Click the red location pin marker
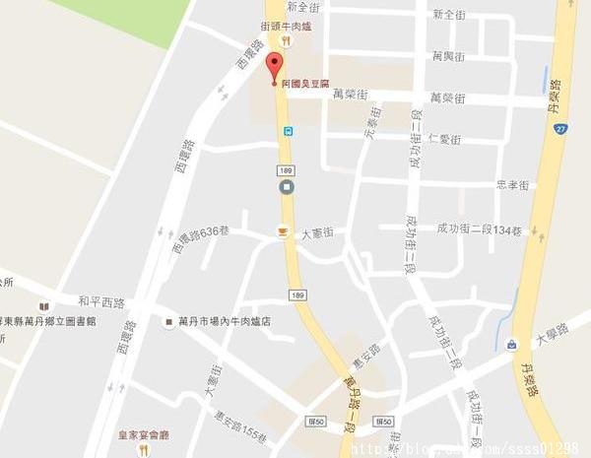(x=275, y=68)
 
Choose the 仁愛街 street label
(x=445, y=139)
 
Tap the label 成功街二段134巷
(x=485, y=230)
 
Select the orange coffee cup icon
(x=283, y=232)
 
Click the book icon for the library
(x=43, y=306)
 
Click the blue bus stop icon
(x=288, y=130)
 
